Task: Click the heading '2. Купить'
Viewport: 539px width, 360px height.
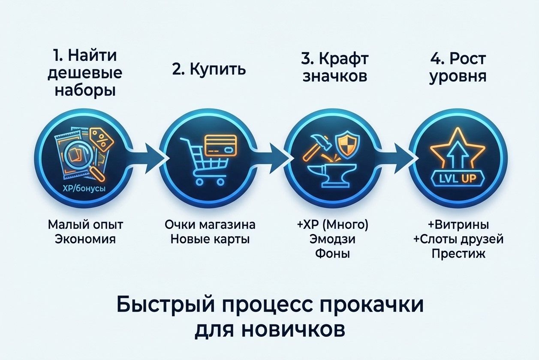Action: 209,70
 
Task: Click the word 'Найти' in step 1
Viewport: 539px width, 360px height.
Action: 92,56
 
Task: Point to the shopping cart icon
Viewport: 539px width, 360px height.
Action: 205,161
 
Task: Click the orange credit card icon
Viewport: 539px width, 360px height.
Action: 221,146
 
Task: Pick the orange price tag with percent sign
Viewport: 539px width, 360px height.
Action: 101,139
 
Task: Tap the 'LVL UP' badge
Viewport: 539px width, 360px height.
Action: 458,178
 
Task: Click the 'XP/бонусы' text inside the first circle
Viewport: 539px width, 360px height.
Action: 84,189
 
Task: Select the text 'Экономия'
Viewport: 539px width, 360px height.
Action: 85,239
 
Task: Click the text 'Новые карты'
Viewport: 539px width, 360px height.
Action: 210,239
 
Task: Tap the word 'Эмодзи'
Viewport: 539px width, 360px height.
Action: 332,239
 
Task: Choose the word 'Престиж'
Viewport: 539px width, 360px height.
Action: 458,254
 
